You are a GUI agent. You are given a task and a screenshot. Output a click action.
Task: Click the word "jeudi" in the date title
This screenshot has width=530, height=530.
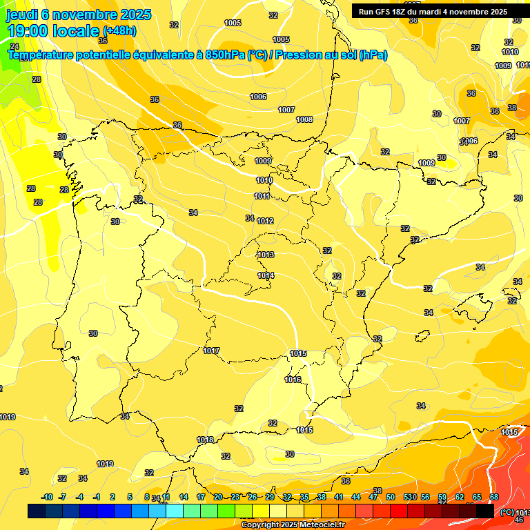pos(22,14)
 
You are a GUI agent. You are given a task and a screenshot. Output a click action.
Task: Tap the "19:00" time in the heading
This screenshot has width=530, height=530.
pos(28,31)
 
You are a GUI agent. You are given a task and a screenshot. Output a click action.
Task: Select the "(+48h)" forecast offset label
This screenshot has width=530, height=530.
pos(120,31)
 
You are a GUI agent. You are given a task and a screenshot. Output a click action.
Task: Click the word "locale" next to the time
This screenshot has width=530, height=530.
pos(76,31)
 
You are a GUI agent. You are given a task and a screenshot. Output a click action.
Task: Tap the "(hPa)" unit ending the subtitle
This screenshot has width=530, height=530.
pos(373,55)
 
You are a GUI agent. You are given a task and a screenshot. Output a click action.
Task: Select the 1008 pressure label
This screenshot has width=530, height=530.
pos(304,119)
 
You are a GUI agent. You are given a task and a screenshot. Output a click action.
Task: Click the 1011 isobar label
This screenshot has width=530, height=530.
pos(262,196)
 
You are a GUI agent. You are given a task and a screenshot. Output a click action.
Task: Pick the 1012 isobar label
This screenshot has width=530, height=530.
pos(266,221)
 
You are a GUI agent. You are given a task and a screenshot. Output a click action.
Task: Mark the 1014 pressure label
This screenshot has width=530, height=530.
pos(266,275)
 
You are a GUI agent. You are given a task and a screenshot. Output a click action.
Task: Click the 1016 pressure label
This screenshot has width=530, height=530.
pos(293,380)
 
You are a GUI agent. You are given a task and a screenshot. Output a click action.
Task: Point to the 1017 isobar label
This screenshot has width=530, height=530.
pos(211,351)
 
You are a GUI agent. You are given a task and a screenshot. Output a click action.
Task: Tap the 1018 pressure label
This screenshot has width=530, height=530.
pos(205,440)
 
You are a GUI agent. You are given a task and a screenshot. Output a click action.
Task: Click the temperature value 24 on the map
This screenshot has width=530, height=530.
pos(15,46)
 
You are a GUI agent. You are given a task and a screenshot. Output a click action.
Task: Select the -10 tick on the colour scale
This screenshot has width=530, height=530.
pos(47,497)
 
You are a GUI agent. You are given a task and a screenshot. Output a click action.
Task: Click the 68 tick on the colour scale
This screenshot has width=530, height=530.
pos(494,497)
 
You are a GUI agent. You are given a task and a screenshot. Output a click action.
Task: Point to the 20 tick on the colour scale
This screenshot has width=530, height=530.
pos(218,497)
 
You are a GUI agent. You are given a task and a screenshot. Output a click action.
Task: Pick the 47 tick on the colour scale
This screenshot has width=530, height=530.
pos(373,497)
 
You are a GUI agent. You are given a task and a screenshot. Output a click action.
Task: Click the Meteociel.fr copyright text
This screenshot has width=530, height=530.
pos(293,524)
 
